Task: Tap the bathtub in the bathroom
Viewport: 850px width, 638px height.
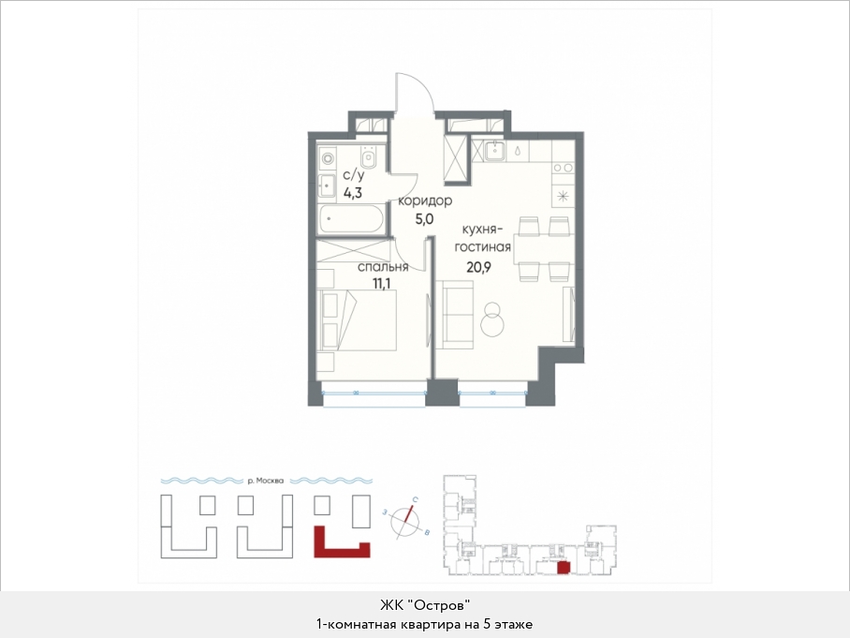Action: coord(350,220)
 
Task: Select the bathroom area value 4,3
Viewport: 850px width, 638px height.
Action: coord(352,192)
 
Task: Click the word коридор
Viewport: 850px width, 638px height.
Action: coord(425,201)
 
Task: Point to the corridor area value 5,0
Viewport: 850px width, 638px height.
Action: coord(424,219)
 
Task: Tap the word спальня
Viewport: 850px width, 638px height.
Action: coord(383,267)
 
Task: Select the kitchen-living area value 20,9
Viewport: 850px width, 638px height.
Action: coord(478,266)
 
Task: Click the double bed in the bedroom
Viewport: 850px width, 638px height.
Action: coord(357,320)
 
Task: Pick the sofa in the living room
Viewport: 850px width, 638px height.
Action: coord(454,315)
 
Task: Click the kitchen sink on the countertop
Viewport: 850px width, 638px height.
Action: coord(495,151)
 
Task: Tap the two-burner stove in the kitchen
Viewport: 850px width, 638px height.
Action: coord(563,169)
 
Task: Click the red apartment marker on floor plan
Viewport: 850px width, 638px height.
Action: coord(564,568)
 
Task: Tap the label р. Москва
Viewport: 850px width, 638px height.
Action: coord(265,481)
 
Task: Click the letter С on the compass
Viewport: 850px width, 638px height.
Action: coord(415,499)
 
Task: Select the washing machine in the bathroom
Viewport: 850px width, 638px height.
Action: coord(328,158)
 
